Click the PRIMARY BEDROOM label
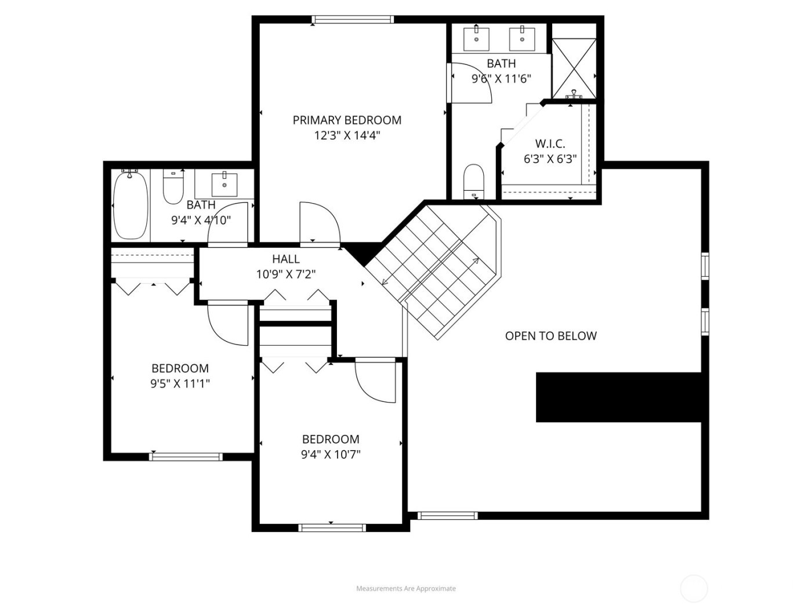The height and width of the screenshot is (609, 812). (347, 120)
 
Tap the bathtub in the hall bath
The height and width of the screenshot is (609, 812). (130, 205)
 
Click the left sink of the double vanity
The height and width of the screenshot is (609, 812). (476, 39)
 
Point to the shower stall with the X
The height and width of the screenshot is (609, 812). (573, 68)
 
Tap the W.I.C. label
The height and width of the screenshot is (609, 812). (550, 144)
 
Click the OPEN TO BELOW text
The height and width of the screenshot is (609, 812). (550, 336)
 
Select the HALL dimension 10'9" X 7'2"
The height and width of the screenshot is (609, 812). (286, 274)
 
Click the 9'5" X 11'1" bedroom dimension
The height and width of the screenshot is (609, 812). (180, 383)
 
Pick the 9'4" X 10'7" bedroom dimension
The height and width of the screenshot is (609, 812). (331, 454)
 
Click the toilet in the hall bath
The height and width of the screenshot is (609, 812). (173, 186)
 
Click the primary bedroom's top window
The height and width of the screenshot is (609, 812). (353, 20)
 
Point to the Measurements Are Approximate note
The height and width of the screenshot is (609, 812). (406, 588)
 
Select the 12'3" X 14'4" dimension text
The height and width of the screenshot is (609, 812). (347, 136)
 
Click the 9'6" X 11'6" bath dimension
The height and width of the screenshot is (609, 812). (501, 79)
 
